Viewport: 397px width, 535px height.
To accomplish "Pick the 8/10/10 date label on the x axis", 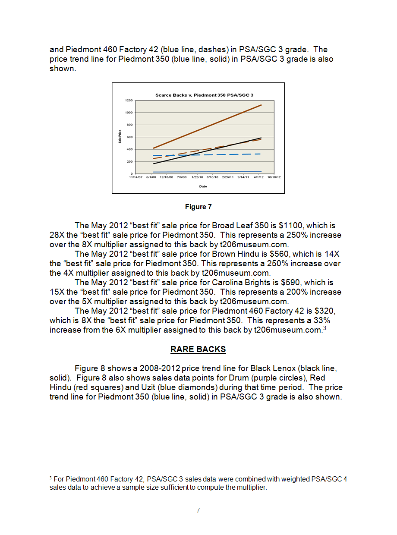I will (x=213, y=177).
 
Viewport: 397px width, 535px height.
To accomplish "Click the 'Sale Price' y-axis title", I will (x=120, y=137).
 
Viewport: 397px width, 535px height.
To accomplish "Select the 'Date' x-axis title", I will (x=203, y=186).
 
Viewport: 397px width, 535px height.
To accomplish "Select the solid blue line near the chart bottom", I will (x=207, y=172).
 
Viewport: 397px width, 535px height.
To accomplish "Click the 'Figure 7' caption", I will (x=198, y=207).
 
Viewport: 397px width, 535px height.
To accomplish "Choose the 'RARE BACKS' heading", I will (x=198, y=349).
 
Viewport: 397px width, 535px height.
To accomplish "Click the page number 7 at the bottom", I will (x=198, y=510).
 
